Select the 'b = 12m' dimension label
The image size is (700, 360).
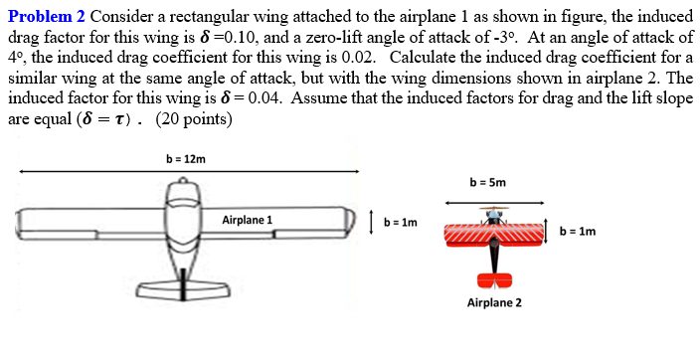pyautogui.click(x=186, y=158)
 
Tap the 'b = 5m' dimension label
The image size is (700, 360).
pyautogui.click(x=488, y=183)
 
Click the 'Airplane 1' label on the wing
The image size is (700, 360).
pyautogui.click(x=248, y=220)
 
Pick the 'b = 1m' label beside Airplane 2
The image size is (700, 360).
pyautogui.click(x=578, y=232)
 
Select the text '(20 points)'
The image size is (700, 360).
pyautogui.click(x=195, y=119)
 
